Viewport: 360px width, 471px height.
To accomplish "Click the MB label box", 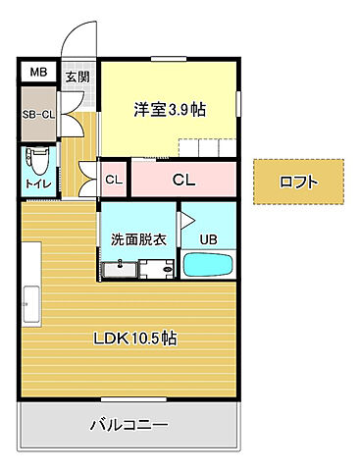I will click(x=37, y=72).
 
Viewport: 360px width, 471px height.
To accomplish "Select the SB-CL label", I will click(x=38, y=111).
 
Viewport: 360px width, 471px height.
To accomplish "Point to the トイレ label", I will click(x=37, y=183).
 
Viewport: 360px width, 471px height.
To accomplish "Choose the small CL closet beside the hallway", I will click(x=113, y=180).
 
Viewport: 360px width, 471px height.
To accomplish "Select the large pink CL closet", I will click(x=182, y=180).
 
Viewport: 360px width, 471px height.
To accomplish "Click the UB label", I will click(x=208, y=238).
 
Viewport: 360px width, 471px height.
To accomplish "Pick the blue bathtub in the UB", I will click(x=209, y=266).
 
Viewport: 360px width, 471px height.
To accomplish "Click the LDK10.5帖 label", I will click(x=134, y=339).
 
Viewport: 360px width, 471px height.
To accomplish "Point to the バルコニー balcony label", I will click(x=129, y=425).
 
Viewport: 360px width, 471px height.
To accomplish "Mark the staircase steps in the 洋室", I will click(x=207, y=147).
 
